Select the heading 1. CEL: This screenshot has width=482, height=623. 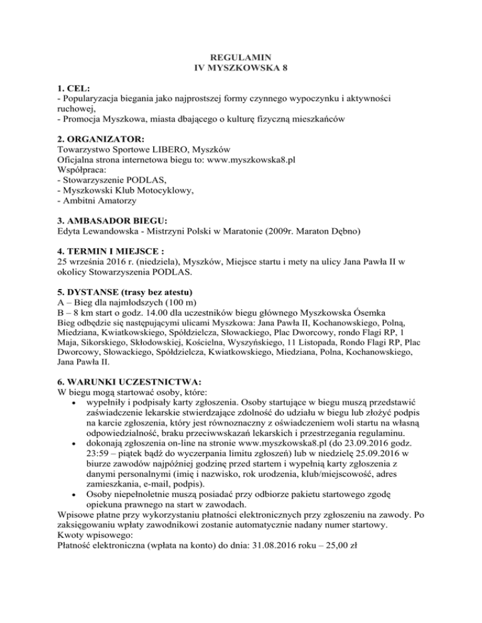pos(74,88)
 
